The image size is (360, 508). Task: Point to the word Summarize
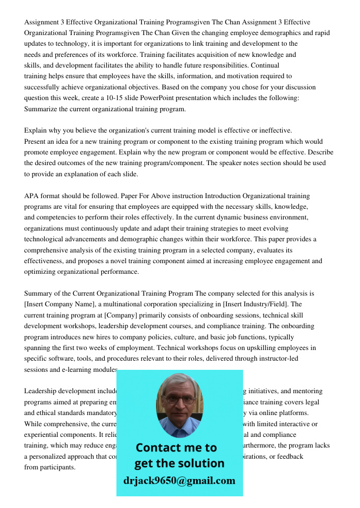(40, 109)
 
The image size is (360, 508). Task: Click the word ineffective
(275, 131)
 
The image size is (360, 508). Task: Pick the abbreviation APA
(32, 196)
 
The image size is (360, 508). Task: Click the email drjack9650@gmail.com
(179, 481)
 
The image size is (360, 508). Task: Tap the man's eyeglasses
(179, 399)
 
